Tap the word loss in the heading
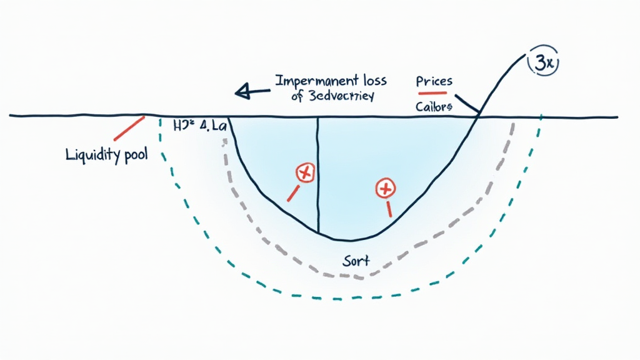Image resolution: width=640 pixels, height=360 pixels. coord(369,81)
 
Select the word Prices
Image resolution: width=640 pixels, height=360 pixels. coord(434,81)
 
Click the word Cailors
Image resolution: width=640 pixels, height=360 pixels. coord(433,106)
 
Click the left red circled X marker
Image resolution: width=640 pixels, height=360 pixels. coord(305,172)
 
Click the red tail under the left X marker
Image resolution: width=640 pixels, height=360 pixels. coord(292,193)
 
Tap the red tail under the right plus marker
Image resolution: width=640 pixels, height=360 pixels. coord(389,208)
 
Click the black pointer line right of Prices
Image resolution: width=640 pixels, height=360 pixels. coord(467,104)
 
